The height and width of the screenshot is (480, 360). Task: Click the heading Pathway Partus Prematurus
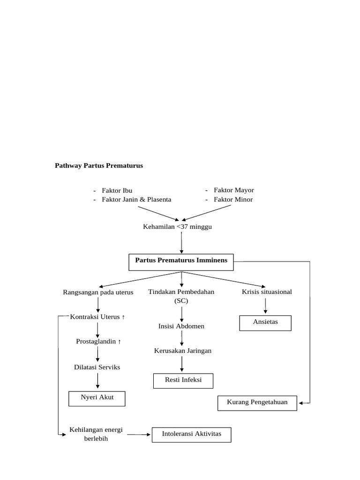point(99,165)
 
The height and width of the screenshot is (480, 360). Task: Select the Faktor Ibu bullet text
point(117,190)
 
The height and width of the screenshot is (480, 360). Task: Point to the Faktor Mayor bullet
point(233,190)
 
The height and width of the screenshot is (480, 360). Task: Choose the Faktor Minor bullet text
point(233,199)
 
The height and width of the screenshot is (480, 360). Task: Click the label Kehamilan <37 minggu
point(181,227)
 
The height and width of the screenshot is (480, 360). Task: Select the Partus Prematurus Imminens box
point(181,262)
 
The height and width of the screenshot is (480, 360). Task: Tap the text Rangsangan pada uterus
point(98,292)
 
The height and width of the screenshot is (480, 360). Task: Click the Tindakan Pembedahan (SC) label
point(181,296)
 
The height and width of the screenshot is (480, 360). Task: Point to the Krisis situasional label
point(267,292)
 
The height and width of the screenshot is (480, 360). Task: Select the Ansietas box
point(265,322)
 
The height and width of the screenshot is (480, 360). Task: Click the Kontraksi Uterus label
point(97,317)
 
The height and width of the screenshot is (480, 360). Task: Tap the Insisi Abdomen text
point(181,326)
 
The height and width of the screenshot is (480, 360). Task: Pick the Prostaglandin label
point(98,341)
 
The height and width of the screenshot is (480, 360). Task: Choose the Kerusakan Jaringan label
point(182,351)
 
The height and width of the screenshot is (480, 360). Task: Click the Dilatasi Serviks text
point(97,367)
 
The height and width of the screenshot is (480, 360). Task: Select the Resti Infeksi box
point(183,381)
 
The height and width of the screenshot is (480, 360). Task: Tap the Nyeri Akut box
point(97,398)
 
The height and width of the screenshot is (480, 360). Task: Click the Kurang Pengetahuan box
point(257,403)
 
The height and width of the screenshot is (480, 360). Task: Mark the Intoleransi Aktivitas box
point(191,435)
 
